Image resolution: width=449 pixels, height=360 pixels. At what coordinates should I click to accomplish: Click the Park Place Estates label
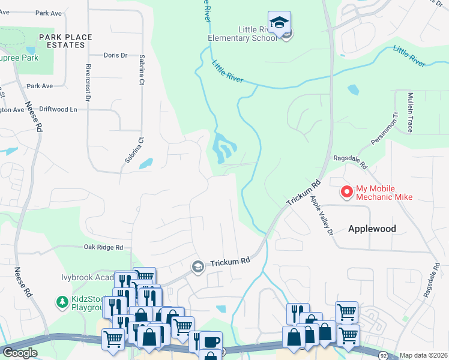point(66,41)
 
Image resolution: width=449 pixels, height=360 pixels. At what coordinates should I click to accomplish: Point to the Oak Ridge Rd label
point(103,247)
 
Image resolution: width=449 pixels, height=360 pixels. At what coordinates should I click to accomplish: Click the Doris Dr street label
point(116,55)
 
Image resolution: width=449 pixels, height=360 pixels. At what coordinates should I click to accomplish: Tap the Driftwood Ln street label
point(59,110)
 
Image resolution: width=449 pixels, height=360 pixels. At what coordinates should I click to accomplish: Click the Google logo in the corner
point(20,353)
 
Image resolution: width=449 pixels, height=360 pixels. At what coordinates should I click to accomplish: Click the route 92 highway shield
point(383,355)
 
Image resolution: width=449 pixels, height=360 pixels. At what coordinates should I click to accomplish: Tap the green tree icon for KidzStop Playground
point(62,301)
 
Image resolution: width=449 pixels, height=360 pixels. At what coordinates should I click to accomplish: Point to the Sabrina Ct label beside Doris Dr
point(142,69)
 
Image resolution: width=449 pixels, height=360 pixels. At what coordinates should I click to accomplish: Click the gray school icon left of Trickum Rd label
point(197,266)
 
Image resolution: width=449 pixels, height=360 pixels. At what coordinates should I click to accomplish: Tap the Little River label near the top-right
point(409,55)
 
